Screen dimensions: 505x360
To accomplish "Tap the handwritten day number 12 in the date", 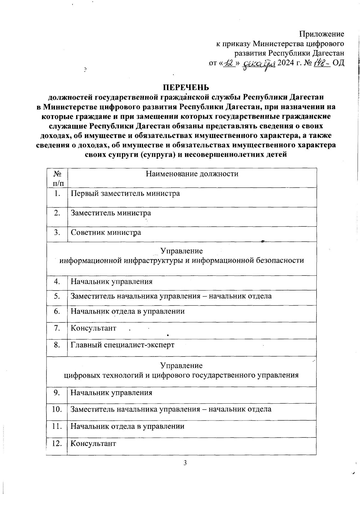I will pos(230,63).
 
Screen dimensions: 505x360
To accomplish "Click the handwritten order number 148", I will pos(322,63).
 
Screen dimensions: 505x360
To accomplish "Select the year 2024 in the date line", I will pos(286,63).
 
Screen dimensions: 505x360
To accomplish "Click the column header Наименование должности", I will pos(192,174).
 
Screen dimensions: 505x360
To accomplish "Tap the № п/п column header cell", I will pos(57,178).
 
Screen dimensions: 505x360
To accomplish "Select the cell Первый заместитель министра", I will pos(125,193).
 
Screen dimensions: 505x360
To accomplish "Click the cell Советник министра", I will pos(106,232).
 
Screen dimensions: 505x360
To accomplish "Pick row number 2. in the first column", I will pos(57,213).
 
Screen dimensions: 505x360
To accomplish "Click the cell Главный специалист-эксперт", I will pos(122,345).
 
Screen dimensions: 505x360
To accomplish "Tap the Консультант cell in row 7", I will pos(93,328).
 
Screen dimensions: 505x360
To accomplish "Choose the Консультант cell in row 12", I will pos(93,444).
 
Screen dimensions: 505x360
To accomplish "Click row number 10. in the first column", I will pos(57,409).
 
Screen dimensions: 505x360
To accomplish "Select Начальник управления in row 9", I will pos(111,393).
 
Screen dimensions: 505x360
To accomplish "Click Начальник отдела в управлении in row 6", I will pos(127,311).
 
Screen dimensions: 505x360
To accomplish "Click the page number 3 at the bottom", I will pos(185,463).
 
